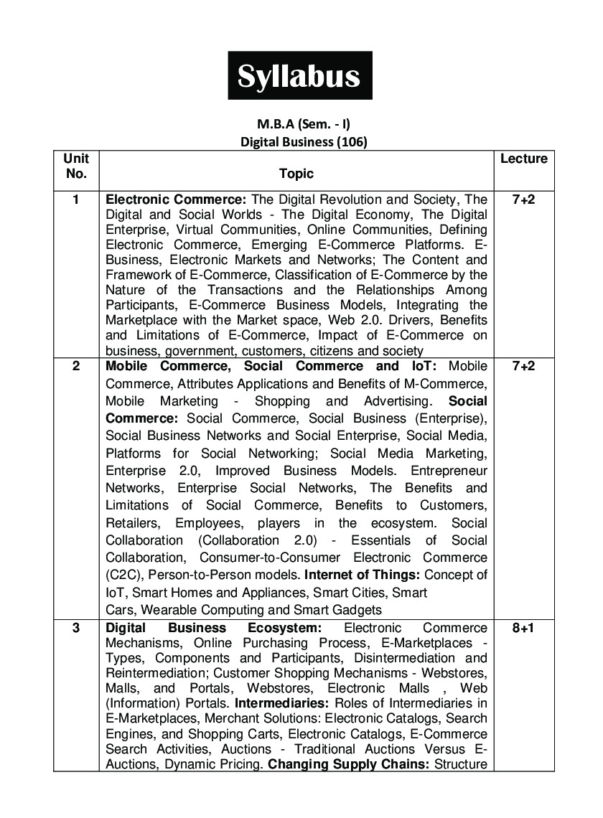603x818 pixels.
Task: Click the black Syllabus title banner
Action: click(x=300, y=75)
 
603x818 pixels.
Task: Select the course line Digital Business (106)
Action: click(x=303, y=141)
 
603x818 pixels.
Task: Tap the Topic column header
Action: click(x=296, y=174)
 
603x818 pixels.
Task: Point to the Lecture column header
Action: click(x=523, y=159)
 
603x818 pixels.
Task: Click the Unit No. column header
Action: click(x=76, y=166)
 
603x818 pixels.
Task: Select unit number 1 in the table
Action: click(x=76, y=199)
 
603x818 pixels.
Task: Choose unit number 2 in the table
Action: click(x=76, y=366)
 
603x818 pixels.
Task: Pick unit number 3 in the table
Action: click(x=76, y=629)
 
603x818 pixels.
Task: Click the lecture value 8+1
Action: click(x=523, y=629)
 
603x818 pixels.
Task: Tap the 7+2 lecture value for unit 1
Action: click(x=523, y=199)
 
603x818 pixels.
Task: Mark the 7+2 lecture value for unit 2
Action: click(x=523, y=366)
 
